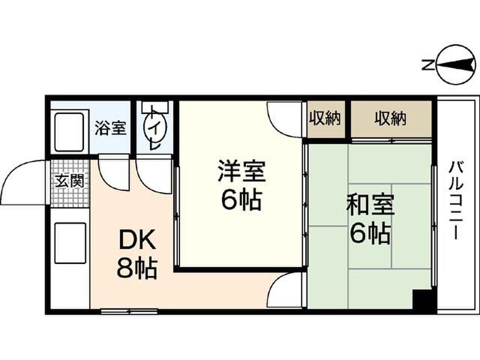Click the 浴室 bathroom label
pyautogui.click(x=110, y=128)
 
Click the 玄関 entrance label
pyautogui.click(x=70, y=181)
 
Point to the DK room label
pyautogui.click(x=137, y=241)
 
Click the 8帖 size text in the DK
pyautogui.click(x=137, y=269)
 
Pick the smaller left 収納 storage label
pyautogui.click(x=325, y=119)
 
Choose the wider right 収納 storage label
pyautogui.click(x=390, y=119)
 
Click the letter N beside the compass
pyautogui.click(x=427, y=65)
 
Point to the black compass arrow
pyautogui.click(x=456, y=65)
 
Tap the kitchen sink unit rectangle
pyautogui.click(x=70, y=243)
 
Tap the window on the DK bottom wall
pyautogui.click(x=129, y=312)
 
